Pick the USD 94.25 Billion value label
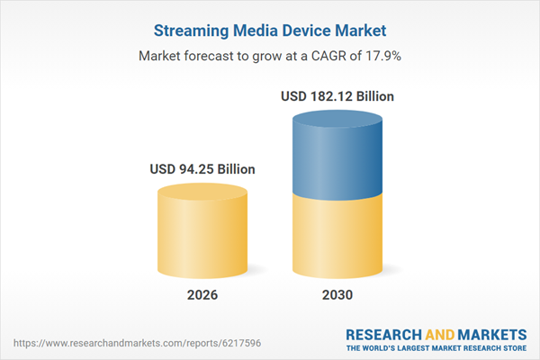pyautogui.click(x=202, y=168)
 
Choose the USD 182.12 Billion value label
pyautogui.click(x=337, y=95)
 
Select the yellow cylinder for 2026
pyautogui.click(x=202, y=238)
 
